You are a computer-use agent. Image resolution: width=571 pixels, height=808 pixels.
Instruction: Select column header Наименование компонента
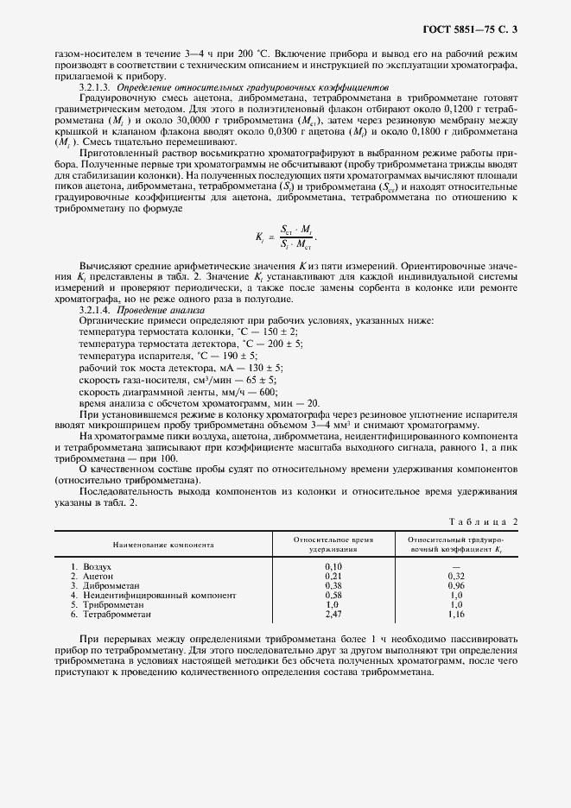tap(163, 545)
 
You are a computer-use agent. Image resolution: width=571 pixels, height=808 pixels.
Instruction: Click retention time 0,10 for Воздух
tap(333, 566)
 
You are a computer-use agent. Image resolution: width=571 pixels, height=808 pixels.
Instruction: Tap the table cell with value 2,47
tap(333, 614)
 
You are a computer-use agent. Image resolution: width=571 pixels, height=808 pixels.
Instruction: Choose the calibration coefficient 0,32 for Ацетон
tap(456, 576)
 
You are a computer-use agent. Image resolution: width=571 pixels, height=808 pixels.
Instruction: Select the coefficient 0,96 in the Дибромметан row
tap(456, 585)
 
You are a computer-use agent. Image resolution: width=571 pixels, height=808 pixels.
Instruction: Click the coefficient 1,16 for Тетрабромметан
tap(456, 614)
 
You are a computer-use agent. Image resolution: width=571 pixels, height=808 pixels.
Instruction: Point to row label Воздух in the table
tap(98, 566)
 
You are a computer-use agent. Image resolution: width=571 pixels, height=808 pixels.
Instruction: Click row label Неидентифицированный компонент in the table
tap(158, 595)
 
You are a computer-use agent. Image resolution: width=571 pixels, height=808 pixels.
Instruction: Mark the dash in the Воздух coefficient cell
tap(456, 566)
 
